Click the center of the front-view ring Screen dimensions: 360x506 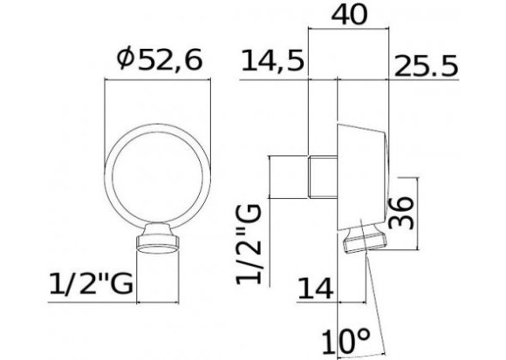click(158, 166)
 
